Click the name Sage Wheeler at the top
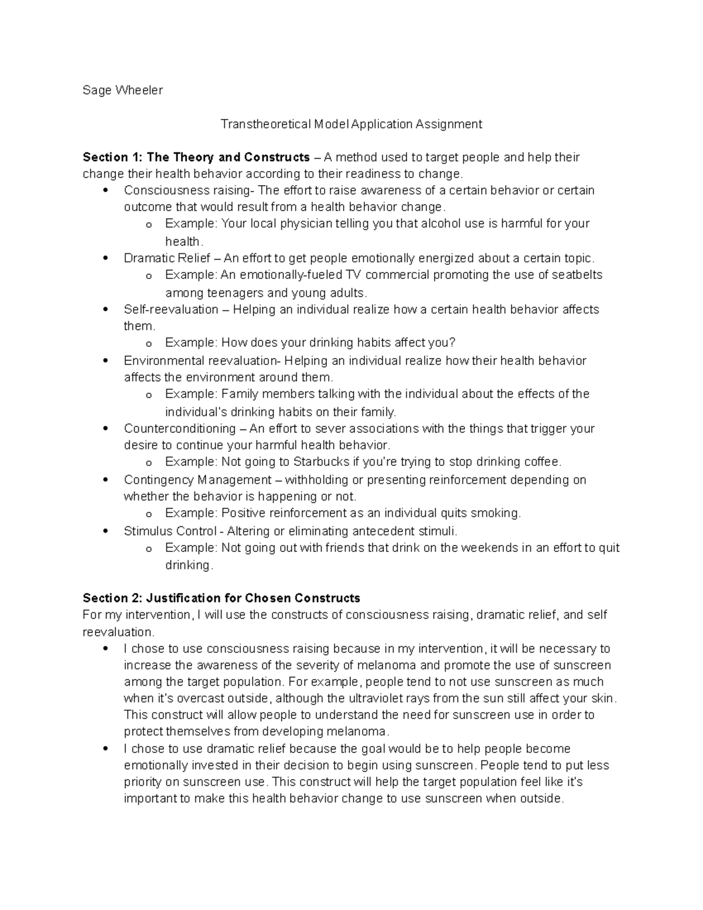122,90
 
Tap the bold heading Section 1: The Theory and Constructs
196,157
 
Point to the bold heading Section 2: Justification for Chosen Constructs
221,598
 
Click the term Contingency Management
197,480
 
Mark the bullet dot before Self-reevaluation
105,309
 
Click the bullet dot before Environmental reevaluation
105,361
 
